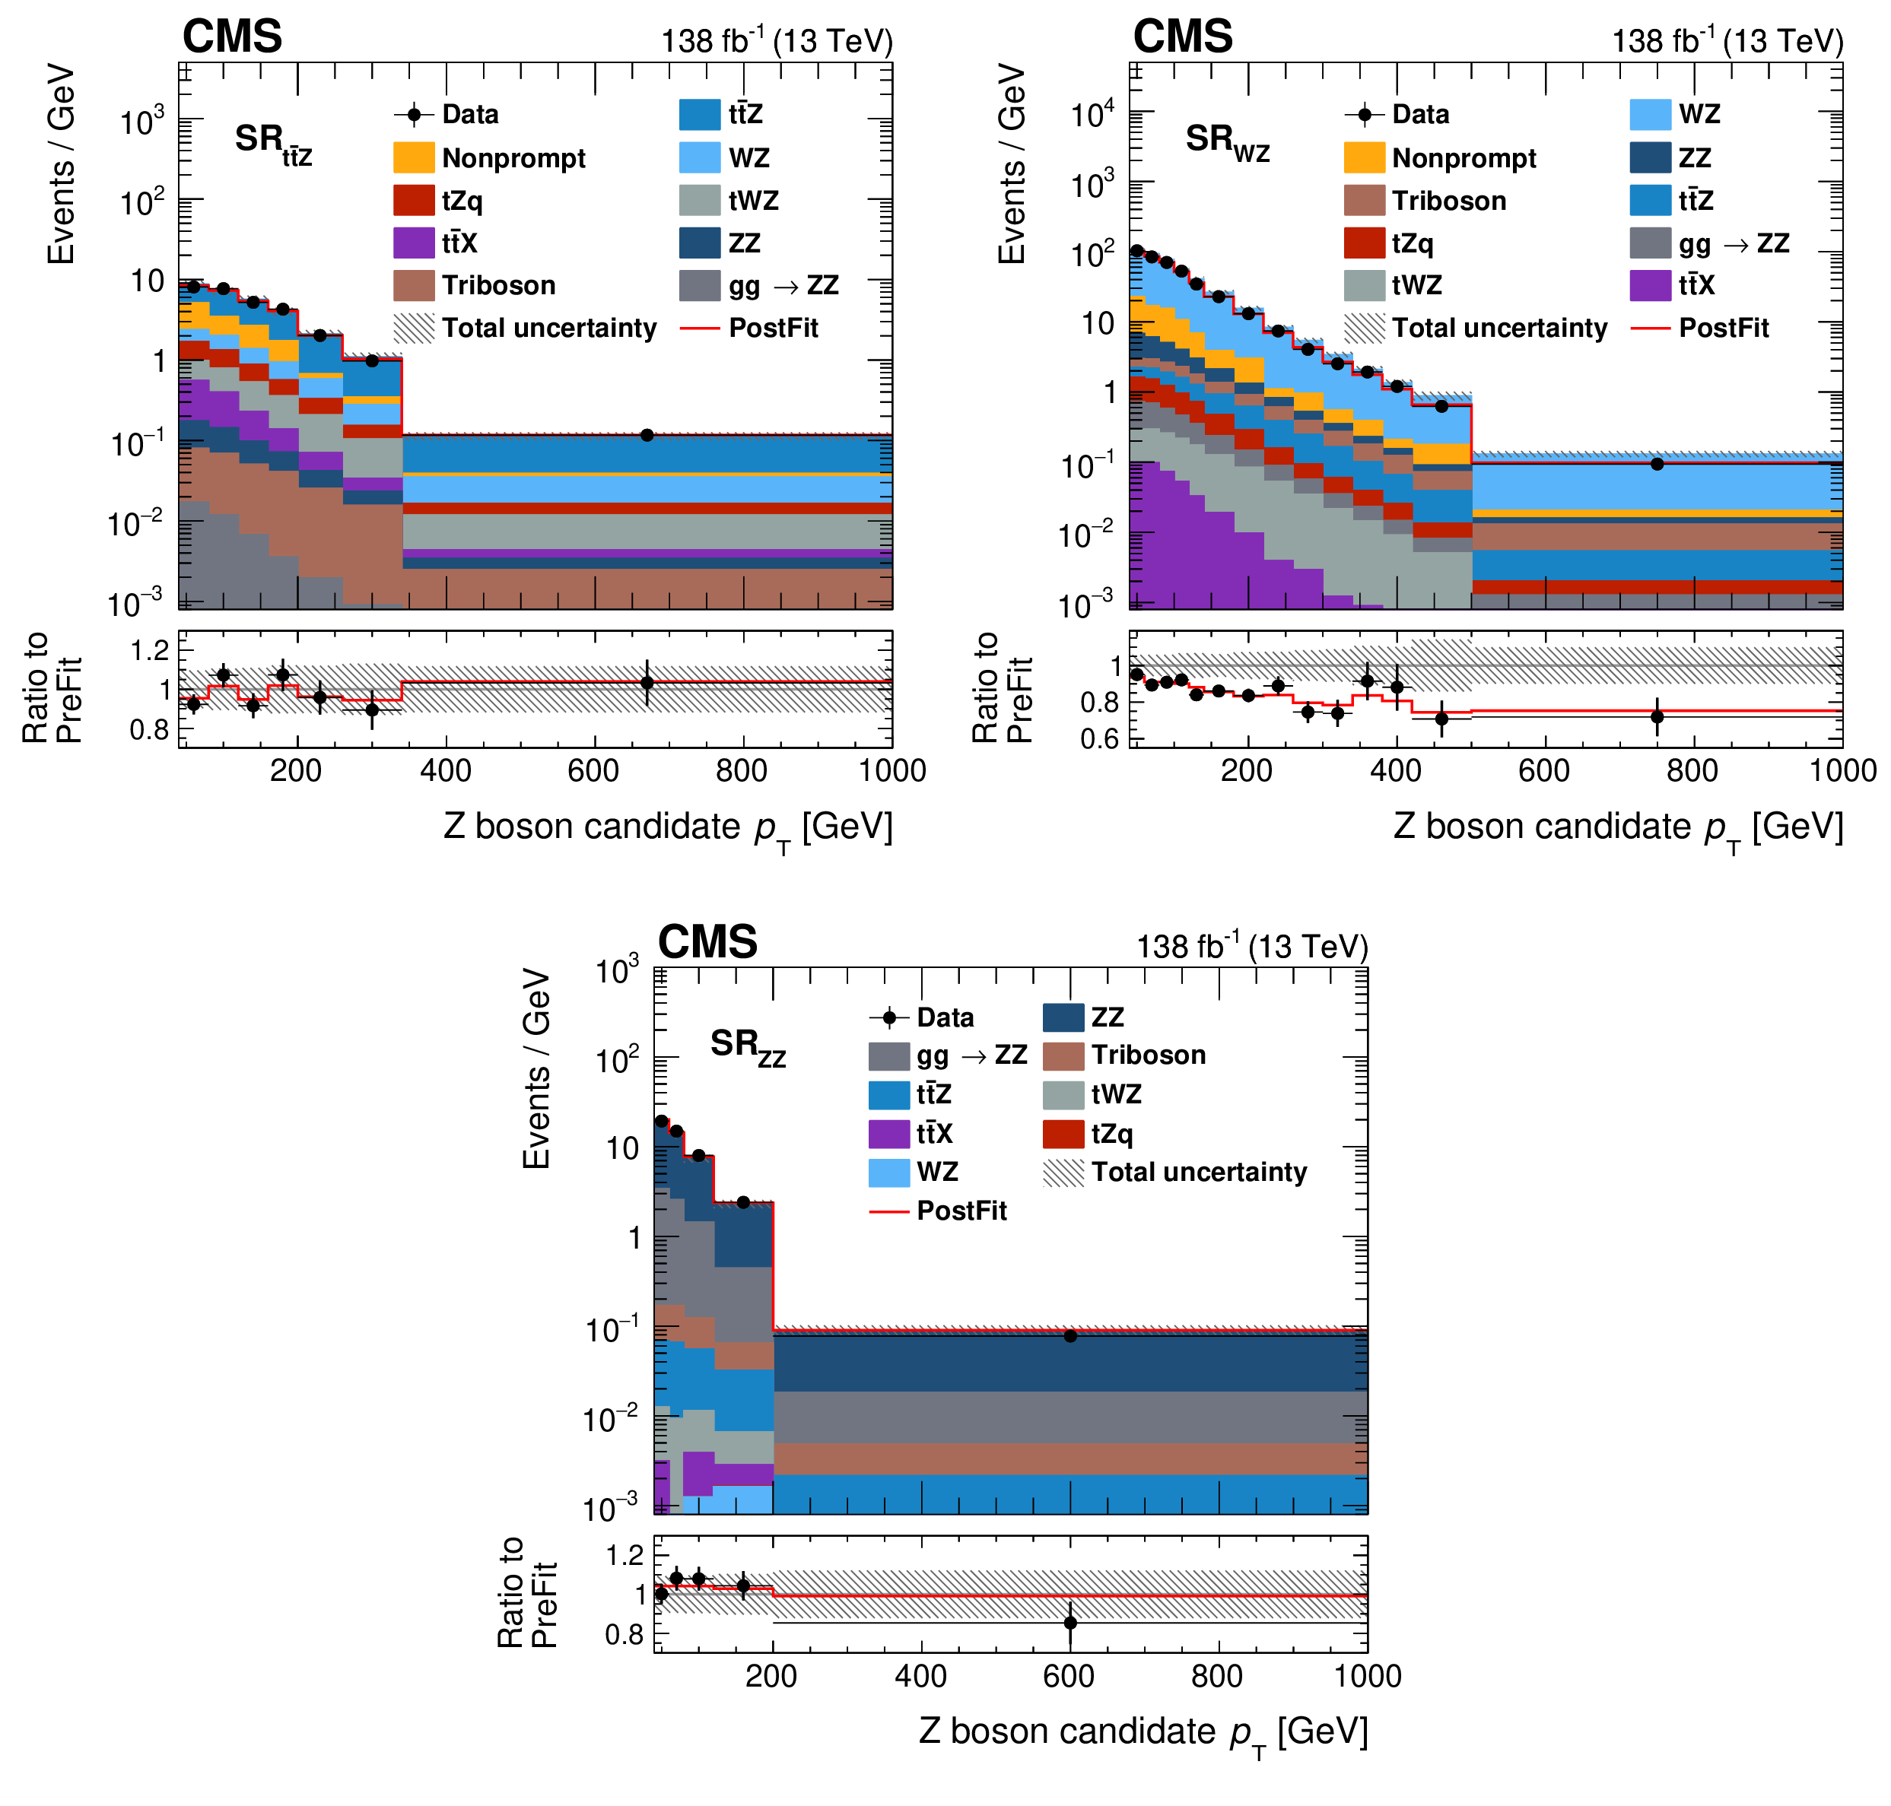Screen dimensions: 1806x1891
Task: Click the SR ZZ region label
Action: [747, 1046]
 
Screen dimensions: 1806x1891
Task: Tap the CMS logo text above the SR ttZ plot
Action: [232, 37]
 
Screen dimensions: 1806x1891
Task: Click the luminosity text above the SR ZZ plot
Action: [1252, 946]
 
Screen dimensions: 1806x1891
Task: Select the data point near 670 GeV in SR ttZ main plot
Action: [647, 435]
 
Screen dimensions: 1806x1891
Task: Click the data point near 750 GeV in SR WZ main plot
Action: [1657, 464]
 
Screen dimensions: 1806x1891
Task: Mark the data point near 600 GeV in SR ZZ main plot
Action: [1069, 1336]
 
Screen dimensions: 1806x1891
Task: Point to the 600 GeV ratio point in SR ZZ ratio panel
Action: [1069, 1623]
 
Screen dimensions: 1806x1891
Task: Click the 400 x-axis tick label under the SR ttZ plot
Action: [446, 771]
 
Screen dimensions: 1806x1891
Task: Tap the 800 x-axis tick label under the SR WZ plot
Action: [1692, 771]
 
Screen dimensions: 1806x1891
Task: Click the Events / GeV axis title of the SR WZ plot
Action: [1012, 163]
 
